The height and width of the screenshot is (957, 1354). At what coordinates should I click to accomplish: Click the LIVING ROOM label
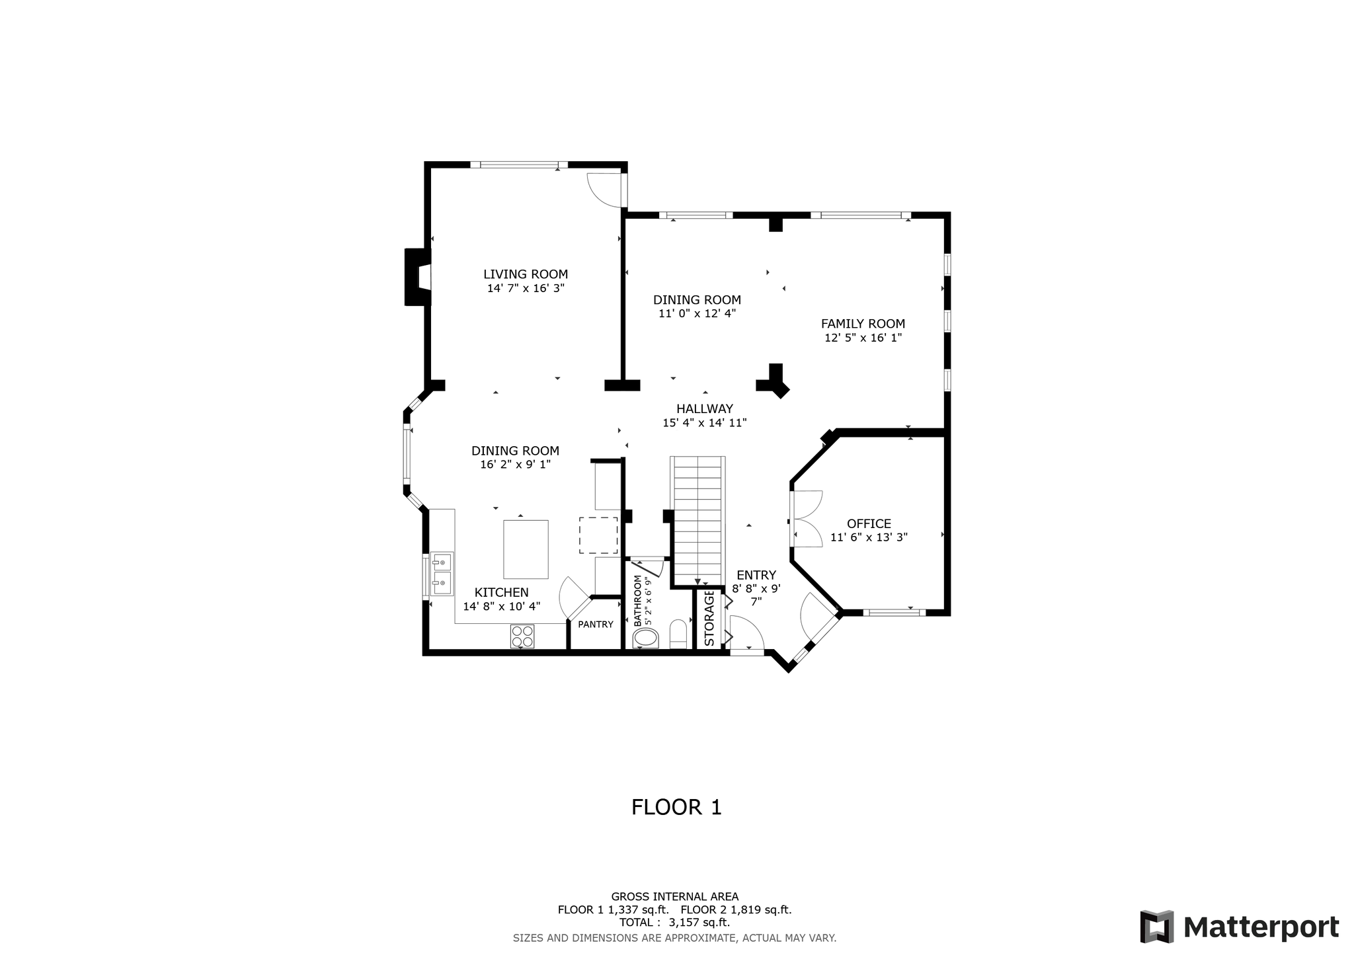526,274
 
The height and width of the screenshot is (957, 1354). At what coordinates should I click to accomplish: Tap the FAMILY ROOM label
863,324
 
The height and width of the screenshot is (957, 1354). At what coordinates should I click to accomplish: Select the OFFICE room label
869,524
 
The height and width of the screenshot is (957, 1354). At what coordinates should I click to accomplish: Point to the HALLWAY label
705,409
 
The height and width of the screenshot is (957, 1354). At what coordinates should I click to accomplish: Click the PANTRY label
596,625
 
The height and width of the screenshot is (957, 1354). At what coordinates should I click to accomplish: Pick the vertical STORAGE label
709,618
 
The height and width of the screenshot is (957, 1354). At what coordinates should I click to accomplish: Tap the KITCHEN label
502,593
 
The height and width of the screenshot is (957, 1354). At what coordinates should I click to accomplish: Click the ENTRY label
756,575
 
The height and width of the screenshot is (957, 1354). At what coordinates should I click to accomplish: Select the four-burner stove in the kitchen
522,636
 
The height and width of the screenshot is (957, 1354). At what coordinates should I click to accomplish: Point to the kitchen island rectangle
526,549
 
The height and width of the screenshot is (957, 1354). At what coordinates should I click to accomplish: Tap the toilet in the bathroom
678,634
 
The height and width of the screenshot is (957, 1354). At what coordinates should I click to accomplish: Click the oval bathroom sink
646,638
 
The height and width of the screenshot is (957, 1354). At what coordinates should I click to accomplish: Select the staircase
697,520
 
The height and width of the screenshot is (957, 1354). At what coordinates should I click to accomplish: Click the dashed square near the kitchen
598,535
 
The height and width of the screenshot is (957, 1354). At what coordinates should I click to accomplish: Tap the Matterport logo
1240,927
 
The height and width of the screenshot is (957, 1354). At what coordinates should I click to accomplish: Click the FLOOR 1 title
676,807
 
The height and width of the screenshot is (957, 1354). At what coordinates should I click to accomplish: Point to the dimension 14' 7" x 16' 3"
526,288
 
